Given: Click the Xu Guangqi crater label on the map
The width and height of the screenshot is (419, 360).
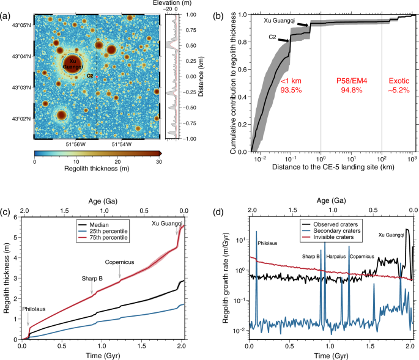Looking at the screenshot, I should coord(73,64).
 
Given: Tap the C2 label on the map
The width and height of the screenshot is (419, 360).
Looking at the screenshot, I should coord(90,76).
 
